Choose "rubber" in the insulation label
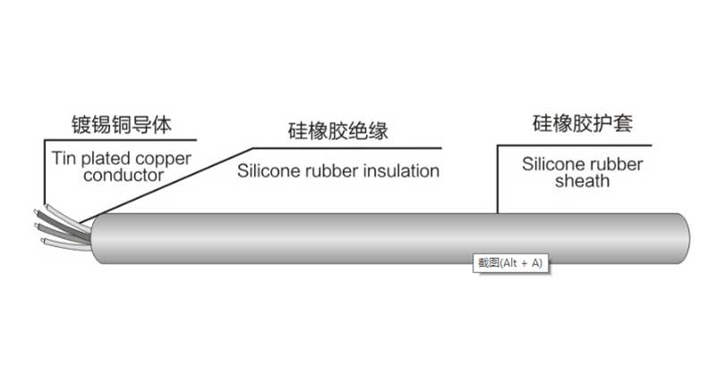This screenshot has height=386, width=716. point(330,171)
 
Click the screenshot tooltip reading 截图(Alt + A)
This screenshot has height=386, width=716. point(509,262)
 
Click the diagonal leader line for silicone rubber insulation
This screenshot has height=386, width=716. point(170,184)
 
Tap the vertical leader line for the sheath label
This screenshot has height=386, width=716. point(498,179)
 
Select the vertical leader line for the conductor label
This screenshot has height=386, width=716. point(44,170)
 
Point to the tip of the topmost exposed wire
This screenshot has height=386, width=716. point(45,205)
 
